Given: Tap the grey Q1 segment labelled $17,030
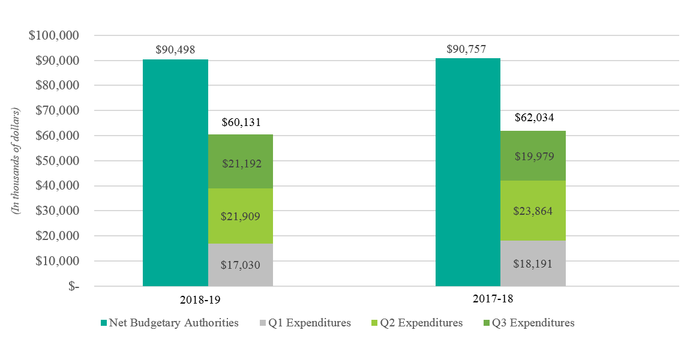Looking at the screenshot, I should point(241,265).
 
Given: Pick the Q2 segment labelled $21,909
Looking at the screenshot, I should point(241,216).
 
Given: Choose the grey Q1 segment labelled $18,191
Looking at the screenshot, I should point(533,263).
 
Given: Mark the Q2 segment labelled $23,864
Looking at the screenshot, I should point(533,211).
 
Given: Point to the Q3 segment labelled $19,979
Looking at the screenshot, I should point(533,156).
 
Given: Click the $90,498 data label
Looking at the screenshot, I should point(175,50).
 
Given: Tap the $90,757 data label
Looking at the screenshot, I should point(467,49).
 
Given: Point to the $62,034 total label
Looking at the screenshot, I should point(533,118).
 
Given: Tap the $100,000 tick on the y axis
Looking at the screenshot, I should point(55,35).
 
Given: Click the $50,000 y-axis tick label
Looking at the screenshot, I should point(57,161).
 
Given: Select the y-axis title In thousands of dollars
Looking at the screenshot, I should point(16,161).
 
